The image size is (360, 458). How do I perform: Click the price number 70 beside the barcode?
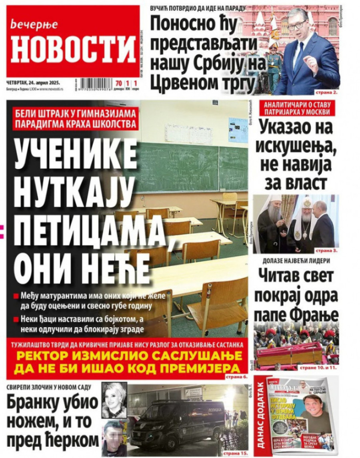click(118, 83)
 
